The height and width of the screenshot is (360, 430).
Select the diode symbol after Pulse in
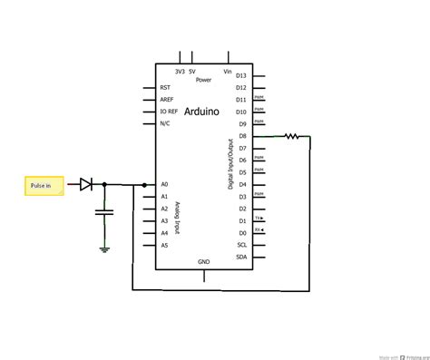[85, 185]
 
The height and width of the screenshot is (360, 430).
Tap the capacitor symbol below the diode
[104, 213]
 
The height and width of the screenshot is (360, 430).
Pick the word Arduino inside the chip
[200, 111]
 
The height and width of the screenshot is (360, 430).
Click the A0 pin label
[164, 184]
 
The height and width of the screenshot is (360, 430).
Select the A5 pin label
[164, 245]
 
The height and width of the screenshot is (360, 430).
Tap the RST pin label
[164, 87]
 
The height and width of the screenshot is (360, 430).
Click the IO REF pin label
[168, 111]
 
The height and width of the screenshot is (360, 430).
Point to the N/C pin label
[165, 122]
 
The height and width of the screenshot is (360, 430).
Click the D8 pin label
[241, 136]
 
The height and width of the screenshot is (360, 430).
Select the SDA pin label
[240, 257]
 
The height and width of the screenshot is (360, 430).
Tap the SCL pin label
[240, 245]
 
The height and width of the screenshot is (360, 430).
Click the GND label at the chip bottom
[203, 261]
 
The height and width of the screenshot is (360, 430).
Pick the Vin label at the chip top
[228, 71]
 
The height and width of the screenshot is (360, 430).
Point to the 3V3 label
[180, 71]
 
